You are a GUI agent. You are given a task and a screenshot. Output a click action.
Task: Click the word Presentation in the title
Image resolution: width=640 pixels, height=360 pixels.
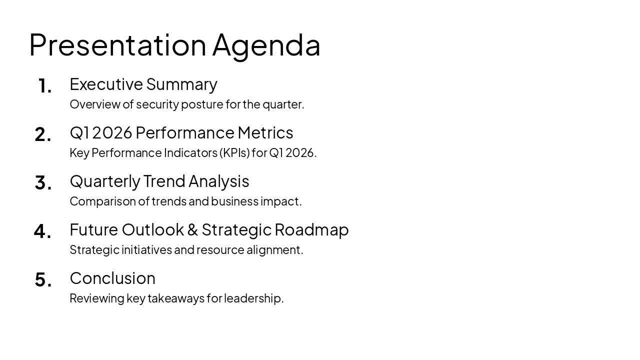tap(117, 45)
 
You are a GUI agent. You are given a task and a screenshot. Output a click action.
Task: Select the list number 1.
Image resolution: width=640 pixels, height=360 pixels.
tap(44, 86)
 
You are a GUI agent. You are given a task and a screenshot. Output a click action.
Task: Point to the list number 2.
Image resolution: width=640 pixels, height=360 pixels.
tap(43, 134)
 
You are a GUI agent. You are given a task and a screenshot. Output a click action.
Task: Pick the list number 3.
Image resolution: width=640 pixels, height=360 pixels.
tap(43, 183)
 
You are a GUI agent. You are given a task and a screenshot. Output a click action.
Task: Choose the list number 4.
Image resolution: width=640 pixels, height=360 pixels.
tap(43, 231)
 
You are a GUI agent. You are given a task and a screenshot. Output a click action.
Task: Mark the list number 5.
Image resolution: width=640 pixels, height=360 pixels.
tap(43, 280)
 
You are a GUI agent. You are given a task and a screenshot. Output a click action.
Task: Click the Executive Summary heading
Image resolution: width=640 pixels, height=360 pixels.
tap(143, 84)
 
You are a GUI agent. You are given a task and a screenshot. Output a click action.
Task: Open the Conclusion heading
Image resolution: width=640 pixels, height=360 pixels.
tap(112, 278)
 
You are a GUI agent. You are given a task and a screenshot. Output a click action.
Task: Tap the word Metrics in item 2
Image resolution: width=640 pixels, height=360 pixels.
tap(265, 132)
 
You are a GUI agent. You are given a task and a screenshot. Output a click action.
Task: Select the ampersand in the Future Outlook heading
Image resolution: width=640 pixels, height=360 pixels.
tap(192, 230)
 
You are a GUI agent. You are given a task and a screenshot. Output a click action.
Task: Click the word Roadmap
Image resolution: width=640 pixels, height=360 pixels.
tap(311, 230)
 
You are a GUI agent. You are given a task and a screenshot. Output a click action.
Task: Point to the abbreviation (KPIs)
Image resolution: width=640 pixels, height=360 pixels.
tap(234, 152)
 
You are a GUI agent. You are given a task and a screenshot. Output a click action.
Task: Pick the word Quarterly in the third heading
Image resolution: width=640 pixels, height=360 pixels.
tap(105, 181)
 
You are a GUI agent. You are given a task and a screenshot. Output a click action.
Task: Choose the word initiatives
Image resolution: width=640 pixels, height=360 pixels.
tap(146, 249)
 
